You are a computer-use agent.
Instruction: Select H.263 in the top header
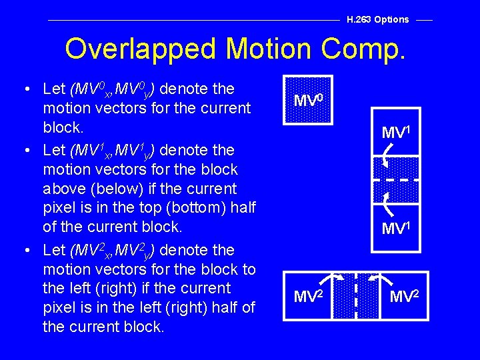pyautogui.click(x=359, y=19)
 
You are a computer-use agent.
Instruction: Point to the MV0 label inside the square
pyautogui.click(x=309, y=101)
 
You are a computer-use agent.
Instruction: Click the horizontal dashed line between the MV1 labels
pyautogui.click(x=395, y=181)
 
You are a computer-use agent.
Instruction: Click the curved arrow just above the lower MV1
pyautogui.click(x=386, y=198)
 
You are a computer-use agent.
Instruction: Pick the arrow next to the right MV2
pyautogui.click(x=377, y=278)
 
